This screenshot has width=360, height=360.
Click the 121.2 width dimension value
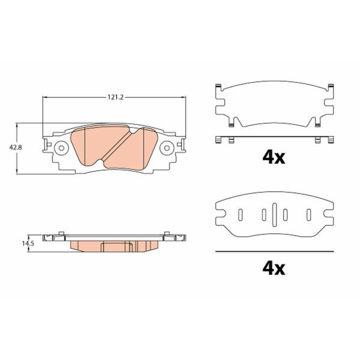(x=116, y=97)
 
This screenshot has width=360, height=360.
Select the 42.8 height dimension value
(x=16, y=148)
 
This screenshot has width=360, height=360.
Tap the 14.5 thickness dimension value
(x=28, y=244)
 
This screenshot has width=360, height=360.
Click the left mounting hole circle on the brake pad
(x=61, y=148)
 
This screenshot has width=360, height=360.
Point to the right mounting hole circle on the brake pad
(x=167, y=148)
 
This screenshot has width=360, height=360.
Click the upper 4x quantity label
(x=274, y=157)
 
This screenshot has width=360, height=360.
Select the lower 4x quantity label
(x=274, y=268)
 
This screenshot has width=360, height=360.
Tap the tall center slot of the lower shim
(x=275, y=215)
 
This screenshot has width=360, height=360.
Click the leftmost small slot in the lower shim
(x=241, y=215)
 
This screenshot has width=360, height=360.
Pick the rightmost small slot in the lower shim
(x=309, y=215)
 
